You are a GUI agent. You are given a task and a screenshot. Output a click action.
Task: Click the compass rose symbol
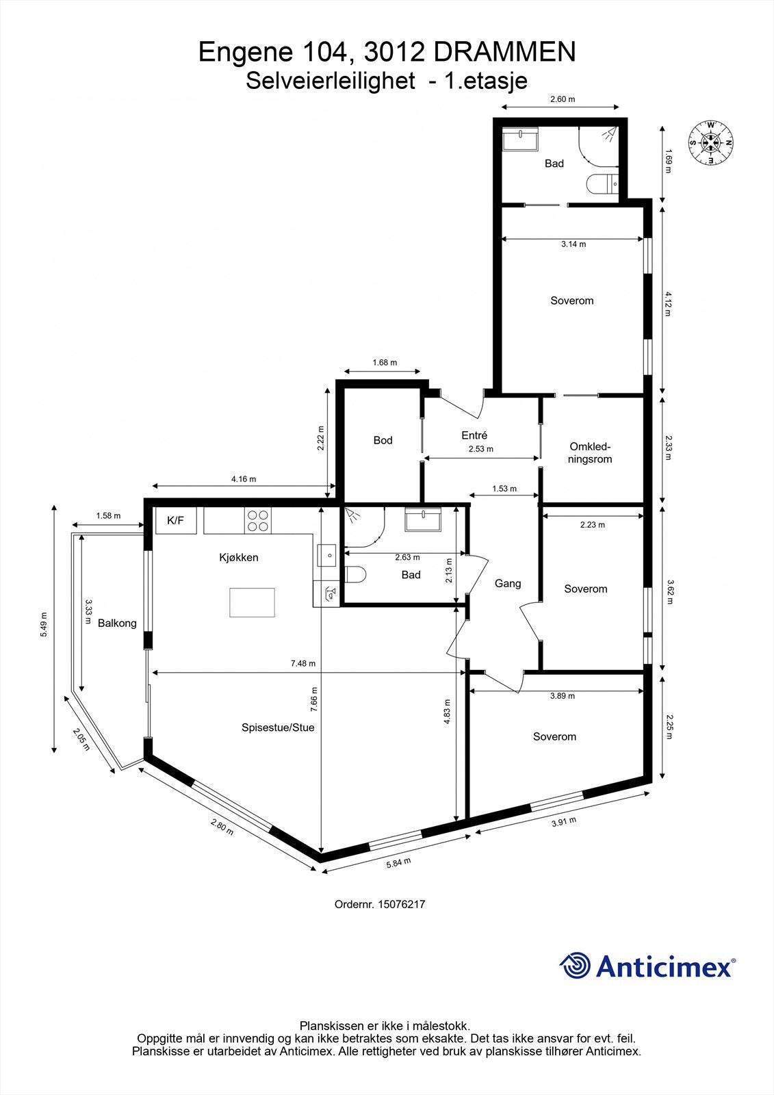711,142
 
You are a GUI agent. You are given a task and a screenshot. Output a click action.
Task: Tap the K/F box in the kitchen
176,521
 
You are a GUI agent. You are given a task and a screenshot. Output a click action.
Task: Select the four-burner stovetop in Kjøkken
257,521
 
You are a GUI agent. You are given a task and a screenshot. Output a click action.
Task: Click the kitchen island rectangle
252,602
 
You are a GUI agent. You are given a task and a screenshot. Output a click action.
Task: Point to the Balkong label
117,623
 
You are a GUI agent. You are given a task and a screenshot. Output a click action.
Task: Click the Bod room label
383,440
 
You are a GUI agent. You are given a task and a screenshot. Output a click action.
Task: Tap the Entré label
474,435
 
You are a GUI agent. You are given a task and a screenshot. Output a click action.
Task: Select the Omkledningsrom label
590,452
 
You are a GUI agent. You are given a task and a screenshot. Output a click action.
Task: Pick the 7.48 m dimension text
302,663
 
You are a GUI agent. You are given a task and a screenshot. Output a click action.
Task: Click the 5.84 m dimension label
398,862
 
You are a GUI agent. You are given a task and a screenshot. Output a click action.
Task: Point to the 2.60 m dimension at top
563,99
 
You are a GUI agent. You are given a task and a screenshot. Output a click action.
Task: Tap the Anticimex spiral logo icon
575,966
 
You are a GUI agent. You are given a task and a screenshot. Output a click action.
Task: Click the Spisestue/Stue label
278,727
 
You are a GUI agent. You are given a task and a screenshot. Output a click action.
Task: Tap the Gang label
508,583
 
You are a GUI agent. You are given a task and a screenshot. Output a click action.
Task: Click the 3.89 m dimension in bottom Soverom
563,696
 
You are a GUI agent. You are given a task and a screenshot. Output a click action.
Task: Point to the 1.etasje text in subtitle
486,81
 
